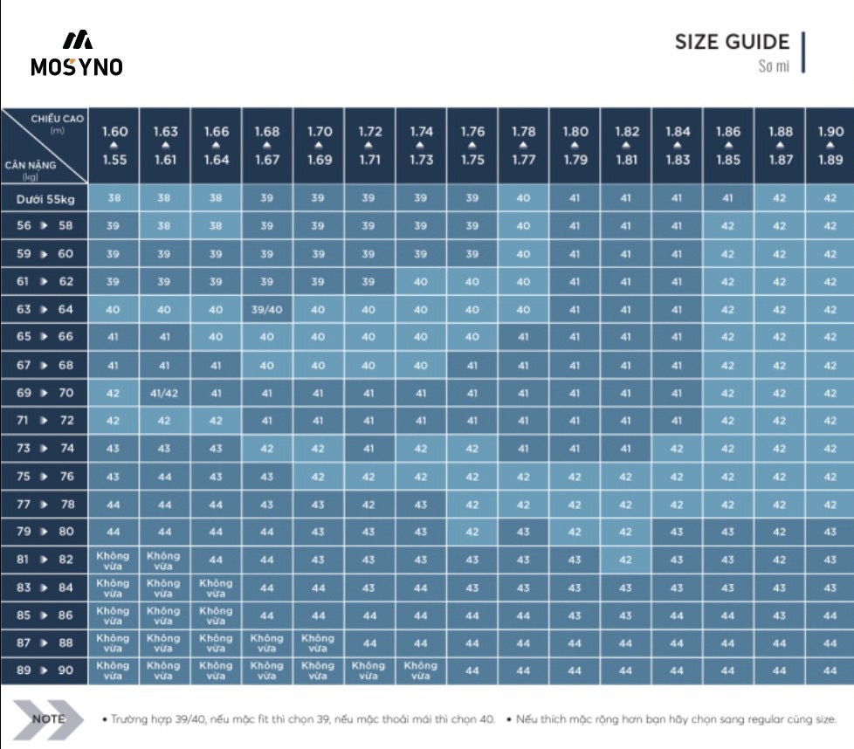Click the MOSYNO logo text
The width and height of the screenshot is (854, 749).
pos(77,66)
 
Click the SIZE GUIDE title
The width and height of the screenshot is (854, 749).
pos(732,42)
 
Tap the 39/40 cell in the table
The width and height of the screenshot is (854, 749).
pos(267,309)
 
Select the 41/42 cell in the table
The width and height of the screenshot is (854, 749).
pos(165,393)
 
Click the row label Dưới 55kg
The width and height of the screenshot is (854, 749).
pos(45,198)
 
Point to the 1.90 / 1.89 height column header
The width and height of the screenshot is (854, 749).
pos(830,145)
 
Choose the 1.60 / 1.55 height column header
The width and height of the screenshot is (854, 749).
pos(114,145)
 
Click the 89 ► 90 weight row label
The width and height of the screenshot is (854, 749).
pos(45,670)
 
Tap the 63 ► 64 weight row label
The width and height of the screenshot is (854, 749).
pos(45,309)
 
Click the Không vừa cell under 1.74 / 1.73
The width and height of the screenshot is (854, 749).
pos(421,670)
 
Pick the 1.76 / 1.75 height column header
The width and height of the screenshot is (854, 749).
pos(472,145)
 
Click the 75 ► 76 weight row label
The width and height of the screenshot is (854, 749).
pos(45,477)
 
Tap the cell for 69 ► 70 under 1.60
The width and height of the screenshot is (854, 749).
pos(114,393)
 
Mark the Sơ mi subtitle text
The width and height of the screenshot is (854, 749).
pos(774,66)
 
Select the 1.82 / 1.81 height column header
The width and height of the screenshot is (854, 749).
pos(626,145)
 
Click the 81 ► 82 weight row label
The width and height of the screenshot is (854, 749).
pos(45,560)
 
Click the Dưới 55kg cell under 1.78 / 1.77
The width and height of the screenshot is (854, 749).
pos(523,198)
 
